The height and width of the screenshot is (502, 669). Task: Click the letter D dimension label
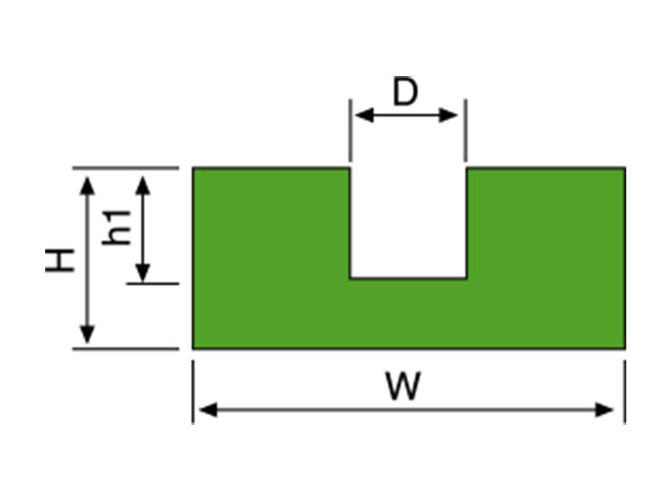(x=405, y=92)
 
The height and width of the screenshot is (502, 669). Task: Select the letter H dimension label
(x=60, y=259)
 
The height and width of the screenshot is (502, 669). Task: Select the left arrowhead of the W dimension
(x=206, y=410)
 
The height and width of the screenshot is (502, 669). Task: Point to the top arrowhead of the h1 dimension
(x=143, y=183)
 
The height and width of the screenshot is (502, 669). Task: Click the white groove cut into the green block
(x=408, y=222)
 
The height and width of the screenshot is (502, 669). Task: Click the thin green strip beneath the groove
(x=408, y=313)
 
